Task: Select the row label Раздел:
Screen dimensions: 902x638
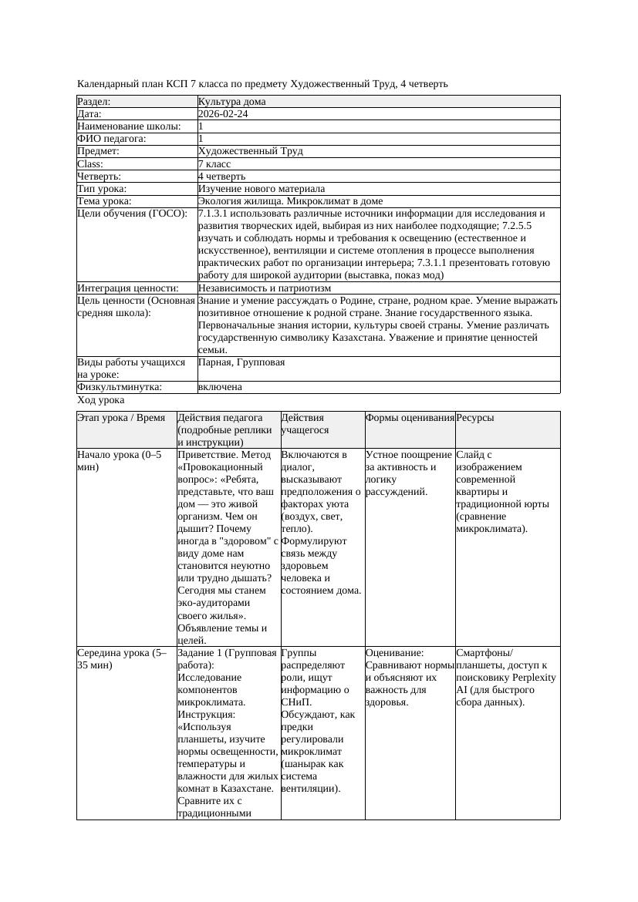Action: pos(94,102)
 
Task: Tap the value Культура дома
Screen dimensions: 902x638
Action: pos(231,102)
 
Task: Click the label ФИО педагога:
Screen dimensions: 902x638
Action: pos(112,139)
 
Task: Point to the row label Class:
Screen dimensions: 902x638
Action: pos(90,164)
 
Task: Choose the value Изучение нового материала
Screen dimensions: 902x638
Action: pos(261,189)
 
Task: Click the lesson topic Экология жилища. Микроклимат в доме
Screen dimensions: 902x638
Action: pos(290,201)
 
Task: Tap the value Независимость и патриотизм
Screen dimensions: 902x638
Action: pos(264,288)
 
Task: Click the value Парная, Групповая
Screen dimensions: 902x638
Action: pos(241,362)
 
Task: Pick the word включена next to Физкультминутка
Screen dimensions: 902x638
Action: pos(220,387)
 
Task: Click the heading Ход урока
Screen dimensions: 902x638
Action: pos(100,400)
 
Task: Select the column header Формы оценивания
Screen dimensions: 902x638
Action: pos(410,418)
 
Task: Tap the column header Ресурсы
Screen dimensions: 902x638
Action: pos(475,418)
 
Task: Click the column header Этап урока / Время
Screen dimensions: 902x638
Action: pos(121,418)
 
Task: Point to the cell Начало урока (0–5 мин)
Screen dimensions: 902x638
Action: pos(120,461)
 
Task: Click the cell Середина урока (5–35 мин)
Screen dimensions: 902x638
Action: pos(122,659)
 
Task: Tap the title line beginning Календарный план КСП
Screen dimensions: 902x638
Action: pos(262,84)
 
